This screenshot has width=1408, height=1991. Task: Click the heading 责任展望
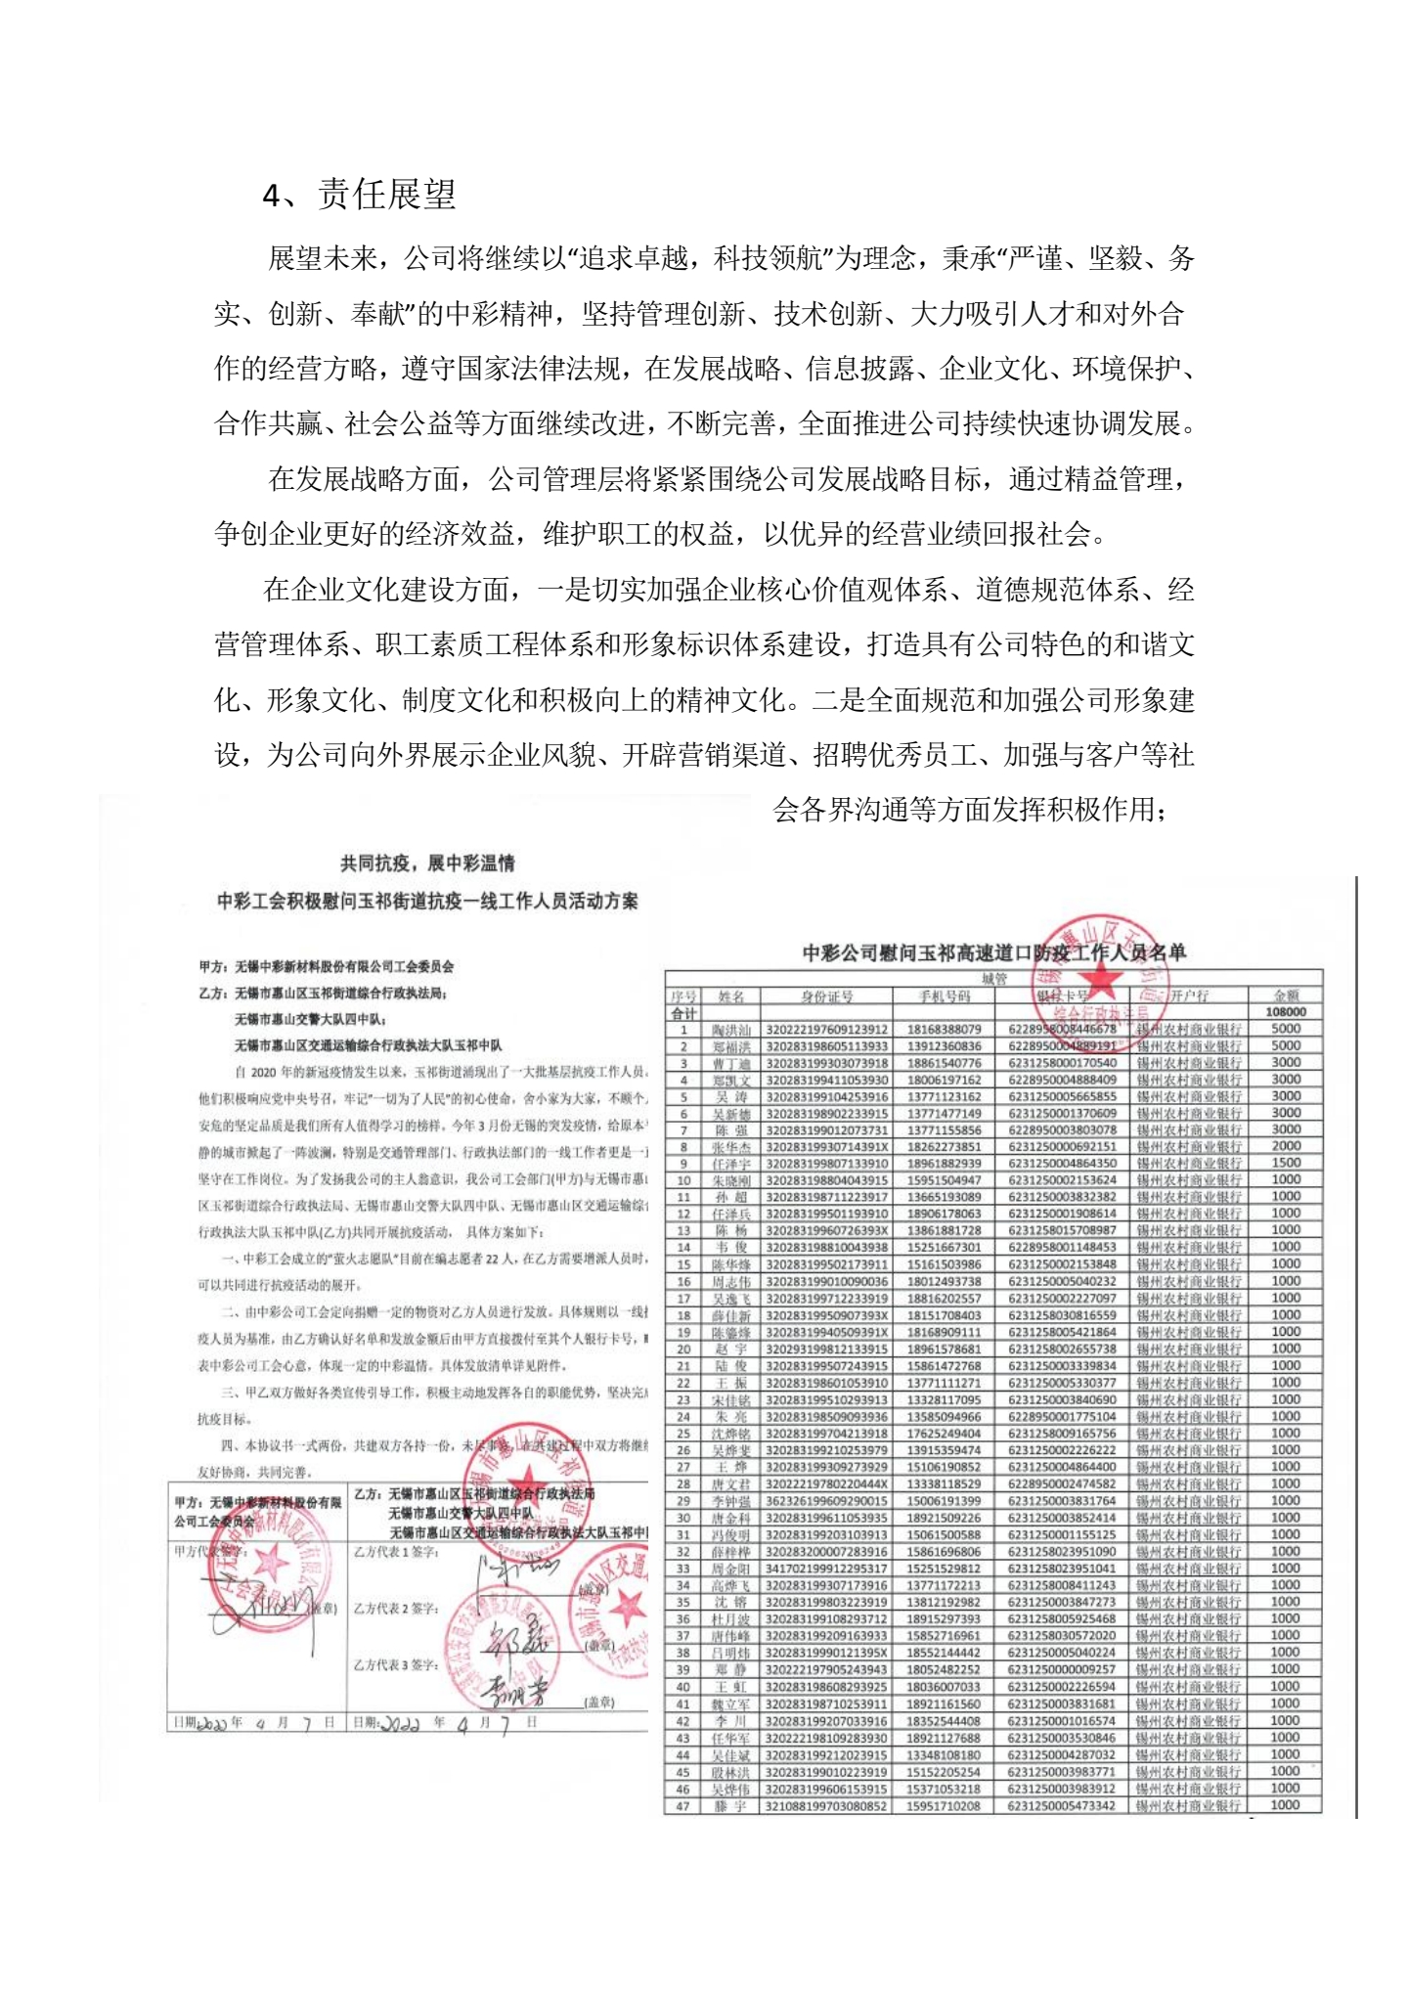tap(386, 195)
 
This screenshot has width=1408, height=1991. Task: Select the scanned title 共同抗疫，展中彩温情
tap(427, 863)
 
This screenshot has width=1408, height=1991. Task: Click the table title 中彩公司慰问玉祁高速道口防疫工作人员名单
tap(993, 951)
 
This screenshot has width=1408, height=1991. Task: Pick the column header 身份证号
tap(826, 995)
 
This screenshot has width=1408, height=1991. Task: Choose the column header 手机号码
tap(944, 995)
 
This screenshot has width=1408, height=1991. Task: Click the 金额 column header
tap(1286, 995)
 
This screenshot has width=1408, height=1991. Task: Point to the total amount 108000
tap(1286, 1012)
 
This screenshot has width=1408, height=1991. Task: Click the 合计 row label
tap(684, 1013)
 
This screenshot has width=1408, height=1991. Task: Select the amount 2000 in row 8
tap(1286, 1145)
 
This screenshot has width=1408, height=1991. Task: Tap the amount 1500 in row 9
tap(1286, 1163)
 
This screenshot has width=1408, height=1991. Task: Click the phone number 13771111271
tap(944, 1383)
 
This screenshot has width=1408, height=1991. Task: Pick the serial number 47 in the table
tap(683, 1805)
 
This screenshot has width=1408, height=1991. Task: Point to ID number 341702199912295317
tap(826, 1569)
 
